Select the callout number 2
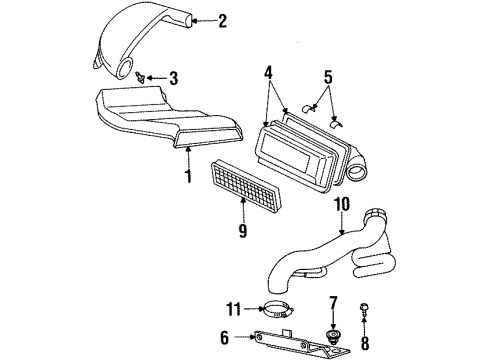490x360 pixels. click(222, 19)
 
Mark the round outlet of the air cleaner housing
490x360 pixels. click(357, 174)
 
